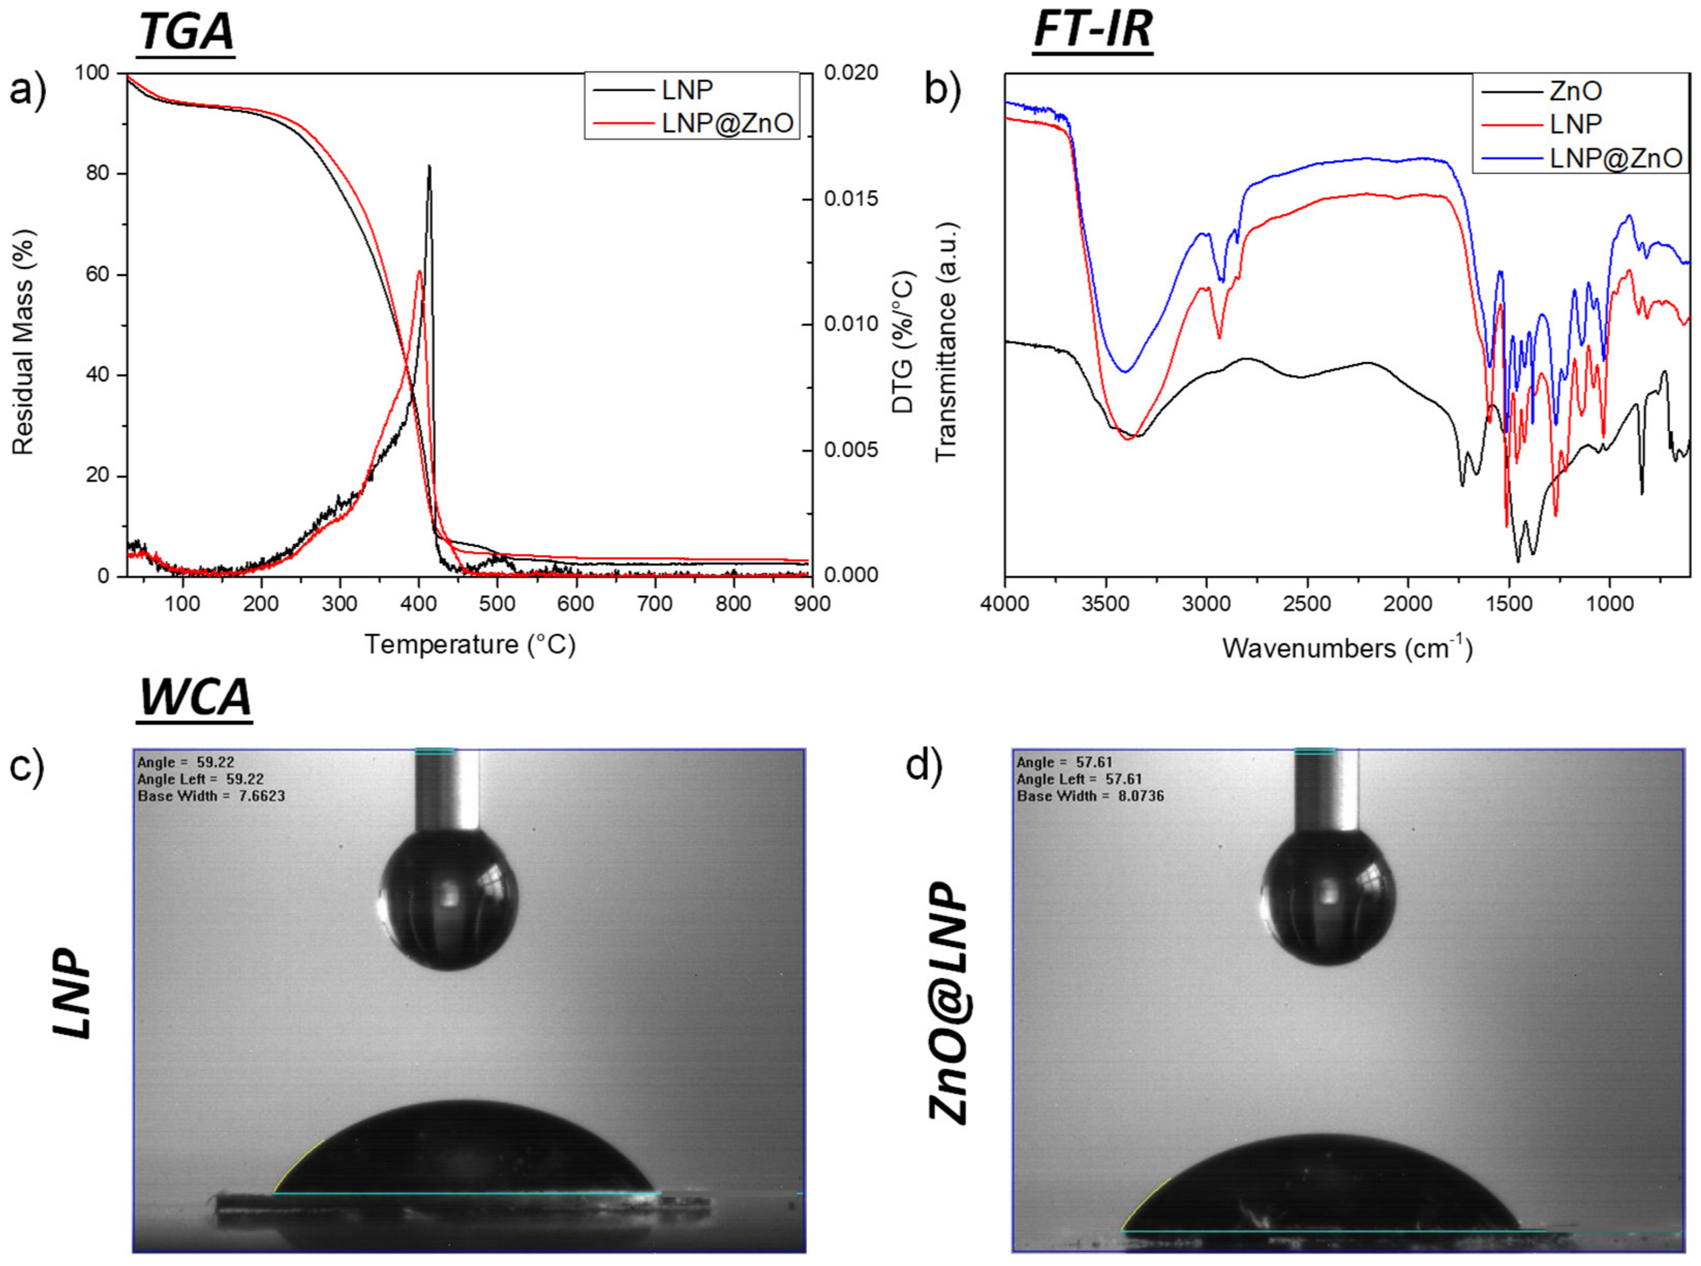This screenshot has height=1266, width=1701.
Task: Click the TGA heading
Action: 186,33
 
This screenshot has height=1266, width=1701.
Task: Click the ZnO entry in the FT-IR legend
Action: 1575,91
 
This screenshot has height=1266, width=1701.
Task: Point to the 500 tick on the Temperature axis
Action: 497,604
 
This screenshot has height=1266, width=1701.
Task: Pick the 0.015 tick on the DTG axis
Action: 851,198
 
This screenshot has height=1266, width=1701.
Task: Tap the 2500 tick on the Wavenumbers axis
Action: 1307,604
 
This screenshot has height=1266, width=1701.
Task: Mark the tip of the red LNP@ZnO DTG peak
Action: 420,271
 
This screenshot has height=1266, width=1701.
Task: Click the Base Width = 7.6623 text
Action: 211,796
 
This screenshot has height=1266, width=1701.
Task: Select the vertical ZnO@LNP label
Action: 949,1003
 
